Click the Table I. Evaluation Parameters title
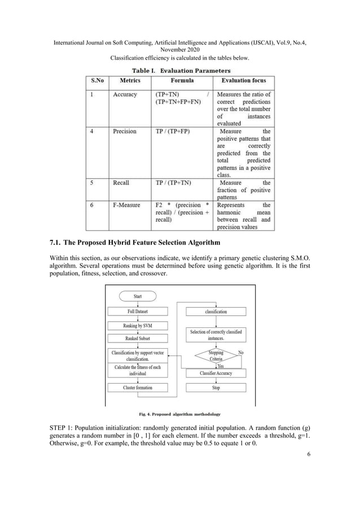point(181,71)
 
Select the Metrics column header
point(130,81)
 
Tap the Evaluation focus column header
point(244,81)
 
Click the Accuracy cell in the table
point(125,95)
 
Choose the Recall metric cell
point(121,183)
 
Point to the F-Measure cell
point(126,205)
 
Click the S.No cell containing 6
point(92,205)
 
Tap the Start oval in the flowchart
point(138,296)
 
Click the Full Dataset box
point(138,311)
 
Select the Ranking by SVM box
point(138,326)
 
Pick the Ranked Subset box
point(138,339)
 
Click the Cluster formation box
point(138,388)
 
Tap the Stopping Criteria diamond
point(216,356)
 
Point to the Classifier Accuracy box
point(216,374)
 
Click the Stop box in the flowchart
point(216,388)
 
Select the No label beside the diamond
point(242,352)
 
